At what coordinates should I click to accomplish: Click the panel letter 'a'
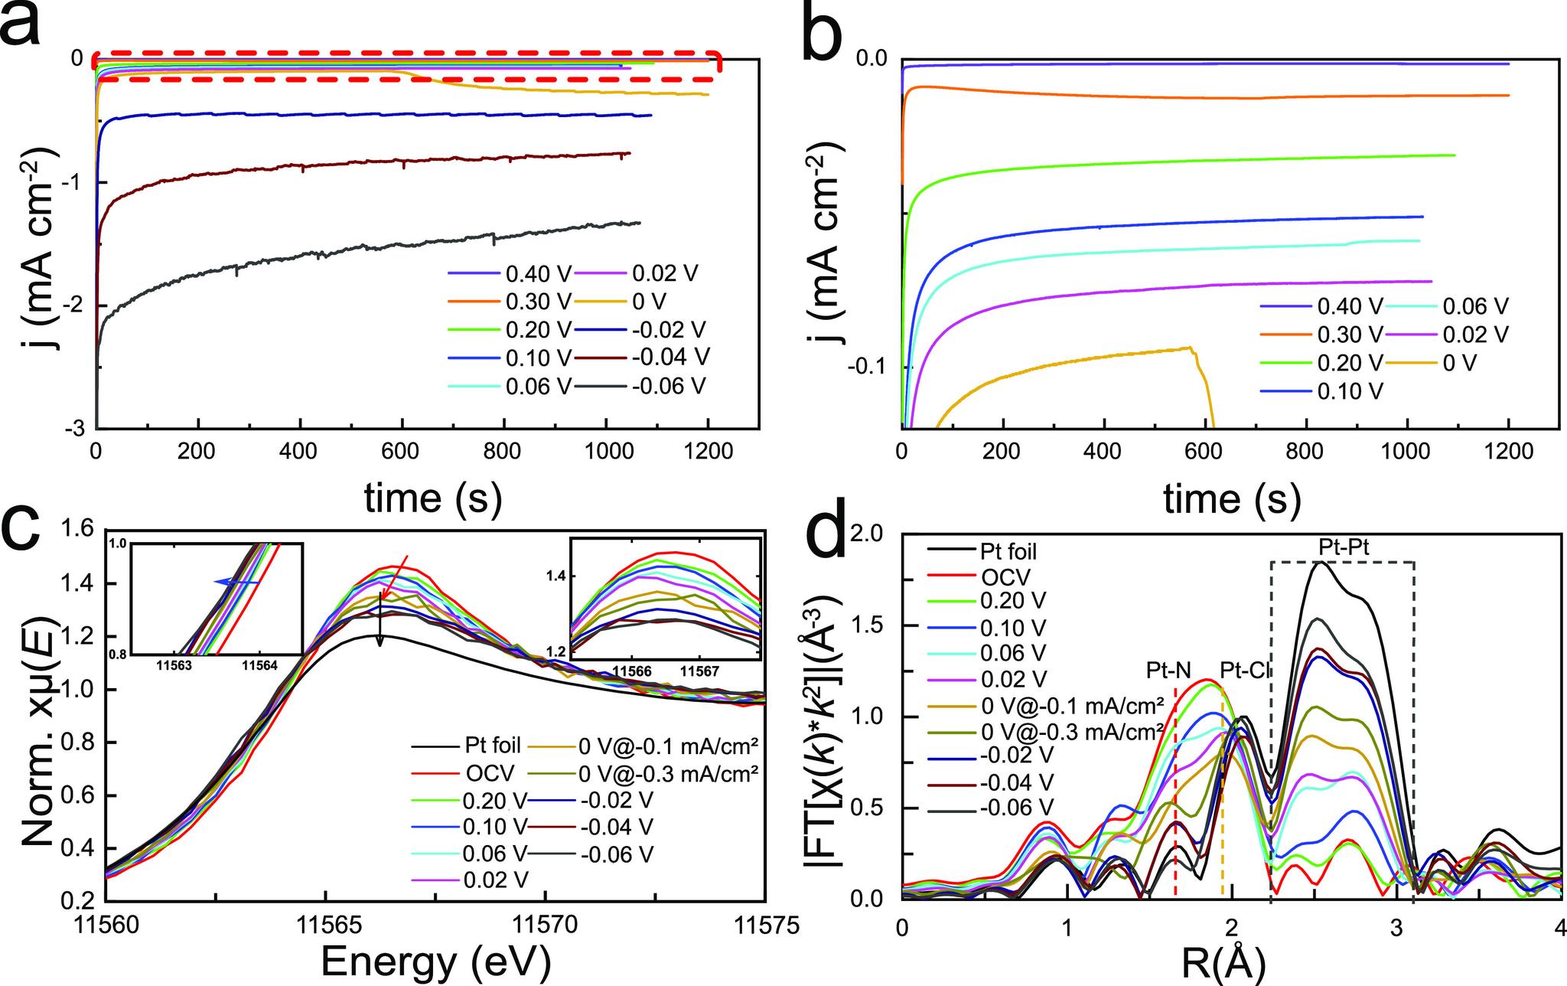click(29, 24)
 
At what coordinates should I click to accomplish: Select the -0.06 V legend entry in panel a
click(666, 386)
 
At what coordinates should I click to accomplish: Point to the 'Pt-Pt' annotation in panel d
click(1343, 547)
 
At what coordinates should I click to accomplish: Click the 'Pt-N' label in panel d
click(1168, 671)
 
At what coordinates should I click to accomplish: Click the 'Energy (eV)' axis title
click(435, 960)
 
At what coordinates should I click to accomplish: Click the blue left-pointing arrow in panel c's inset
click(236, 583)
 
